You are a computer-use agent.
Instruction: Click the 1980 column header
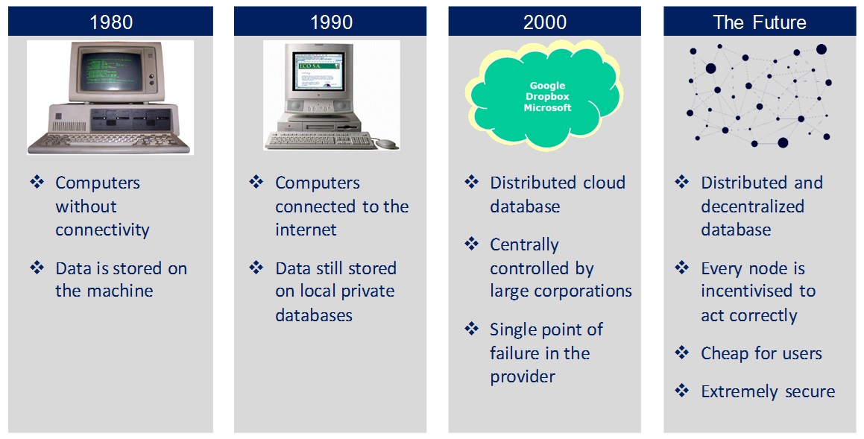111,22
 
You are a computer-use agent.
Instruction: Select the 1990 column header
330,22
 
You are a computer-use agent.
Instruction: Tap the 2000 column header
544,22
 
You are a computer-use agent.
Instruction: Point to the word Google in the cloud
547,86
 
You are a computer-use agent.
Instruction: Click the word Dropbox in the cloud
547,96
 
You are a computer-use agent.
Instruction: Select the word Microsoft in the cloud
547,107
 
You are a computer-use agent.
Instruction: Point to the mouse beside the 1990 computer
385,144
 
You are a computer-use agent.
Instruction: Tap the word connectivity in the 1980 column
102,230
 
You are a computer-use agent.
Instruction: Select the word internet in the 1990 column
306,229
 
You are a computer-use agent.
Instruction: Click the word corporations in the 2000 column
588,291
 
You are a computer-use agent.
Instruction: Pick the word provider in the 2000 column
523,377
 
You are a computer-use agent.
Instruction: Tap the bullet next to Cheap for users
682,352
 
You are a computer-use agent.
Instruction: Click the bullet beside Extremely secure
682,391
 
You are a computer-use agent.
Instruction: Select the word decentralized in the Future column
753,206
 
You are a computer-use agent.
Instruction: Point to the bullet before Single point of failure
472,329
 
